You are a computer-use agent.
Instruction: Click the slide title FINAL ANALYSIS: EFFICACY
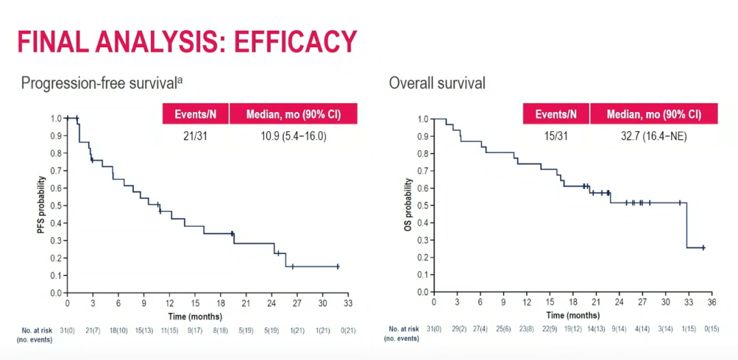187,42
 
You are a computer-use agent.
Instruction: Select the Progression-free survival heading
102,83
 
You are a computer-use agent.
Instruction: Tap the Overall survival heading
437,83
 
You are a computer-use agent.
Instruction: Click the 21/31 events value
195,136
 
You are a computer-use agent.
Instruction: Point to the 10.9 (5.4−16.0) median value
292,136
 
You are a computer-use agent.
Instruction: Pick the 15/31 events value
556,136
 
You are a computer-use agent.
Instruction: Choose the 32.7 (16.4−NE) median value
653,136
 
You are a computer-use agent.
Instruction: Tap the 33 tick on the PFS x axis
348,302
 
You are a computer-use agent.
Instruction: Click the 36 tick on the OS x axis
711,301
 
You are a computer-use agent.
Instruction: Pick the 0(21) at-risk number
348,329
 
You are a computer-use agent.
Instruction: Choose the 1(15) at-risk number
688,329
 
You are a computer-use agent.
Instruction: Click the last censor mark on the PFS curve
338,266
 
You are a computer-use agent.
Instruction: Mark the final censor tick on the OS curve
703,247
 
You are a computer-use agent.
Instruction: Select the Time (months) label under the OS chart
573,315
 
